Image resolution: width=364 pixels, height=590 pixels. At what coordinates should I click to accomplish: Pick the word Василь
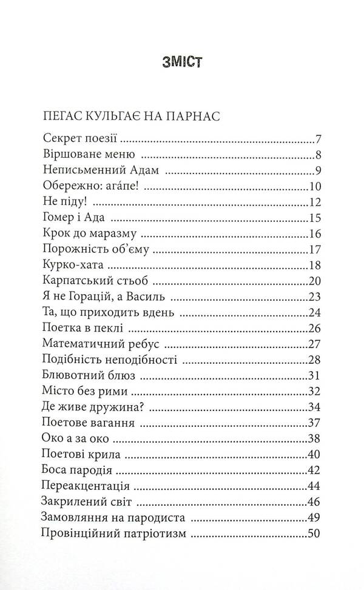152,297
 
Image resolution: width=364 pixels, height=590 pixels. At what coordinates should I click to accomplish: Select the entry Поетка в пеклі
84,329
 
